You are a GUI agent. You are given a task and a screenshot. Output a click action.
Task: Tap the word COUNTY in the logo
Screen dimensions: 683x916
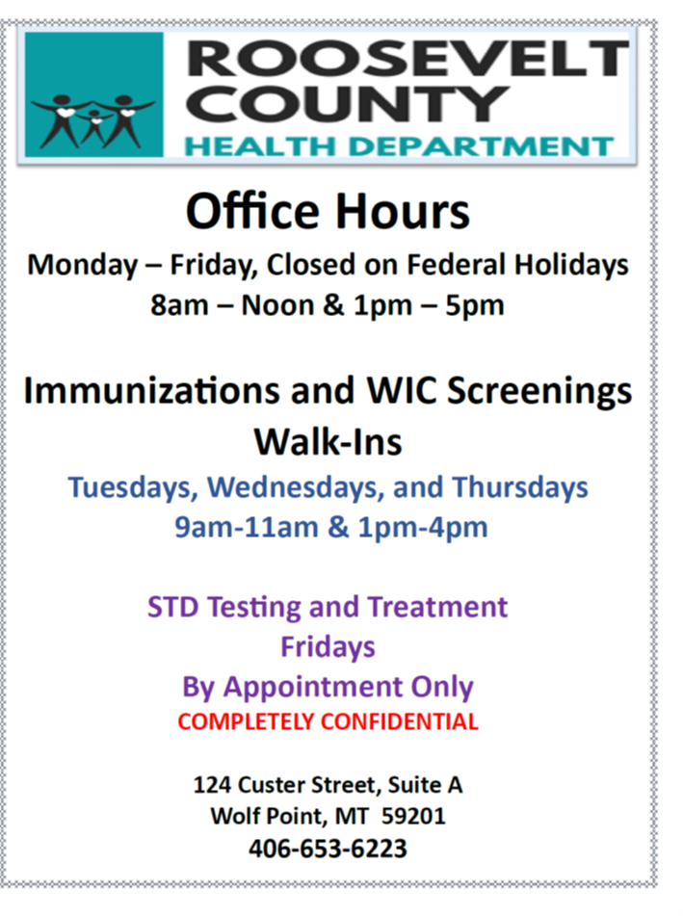coord(348,104)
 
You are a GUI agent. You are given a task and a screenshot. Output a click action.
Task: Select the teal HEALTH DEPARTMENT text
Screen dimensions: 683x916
coord(399,146)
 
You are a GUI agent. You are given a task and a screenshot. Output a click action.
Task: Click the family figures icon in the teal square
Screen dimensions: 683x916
coord(93,121)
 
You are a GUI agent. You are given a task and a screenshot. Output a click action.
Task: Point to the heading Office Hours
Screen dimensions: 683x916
coord(328,211)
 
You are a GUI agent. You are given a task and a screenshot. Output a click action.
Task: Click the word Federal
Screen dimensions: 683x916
coord(457,264)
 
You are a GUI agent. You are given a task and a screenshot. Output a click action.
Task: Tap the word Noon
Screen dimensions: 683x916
coord(278,305)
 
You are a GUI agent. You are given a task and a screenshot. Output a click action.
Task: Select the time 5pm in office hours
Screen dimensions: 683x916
coord(474,305)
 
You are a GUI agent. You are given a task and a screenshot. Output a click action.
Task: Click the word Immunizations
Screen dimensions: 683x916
coord(151,390)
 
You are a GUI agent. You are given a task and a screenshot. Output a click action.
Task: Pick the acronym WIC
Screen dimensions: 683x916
coord(402,390)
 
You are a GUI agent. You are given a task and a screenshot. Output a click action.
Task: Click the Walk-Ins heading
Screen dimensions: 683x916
coord(328,441)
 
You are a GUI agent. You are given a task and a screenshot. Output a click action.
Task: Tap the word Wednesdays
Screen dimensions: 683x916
coord(295,487)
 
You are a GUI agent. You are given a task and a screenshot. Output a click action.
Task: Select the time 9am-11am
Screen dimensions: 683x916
coord(247,527)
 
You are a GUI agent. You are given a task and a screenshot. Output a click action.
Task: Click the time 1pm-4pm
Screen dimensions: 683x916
coord(423,527)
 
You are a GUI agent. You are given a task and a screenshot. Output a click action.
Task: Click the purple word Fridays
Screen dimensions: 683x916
coord(328,647)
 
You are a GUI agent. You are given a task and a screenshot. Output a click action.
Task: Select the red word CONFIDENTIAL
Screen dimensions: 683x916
coord(399,721)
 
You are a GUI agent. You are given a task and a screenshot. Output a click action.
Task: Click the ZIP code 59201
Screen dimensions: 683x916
coord(413,816)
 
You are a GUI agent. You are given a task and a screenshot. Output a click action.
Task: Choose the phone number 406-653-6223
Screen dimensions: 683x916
coord(328,849)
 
